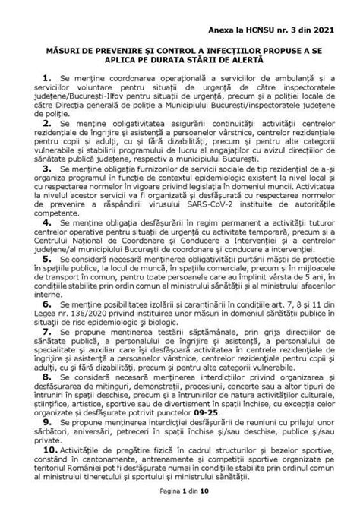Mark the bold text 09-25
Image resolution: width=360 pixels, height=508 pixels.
(236, 407)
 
